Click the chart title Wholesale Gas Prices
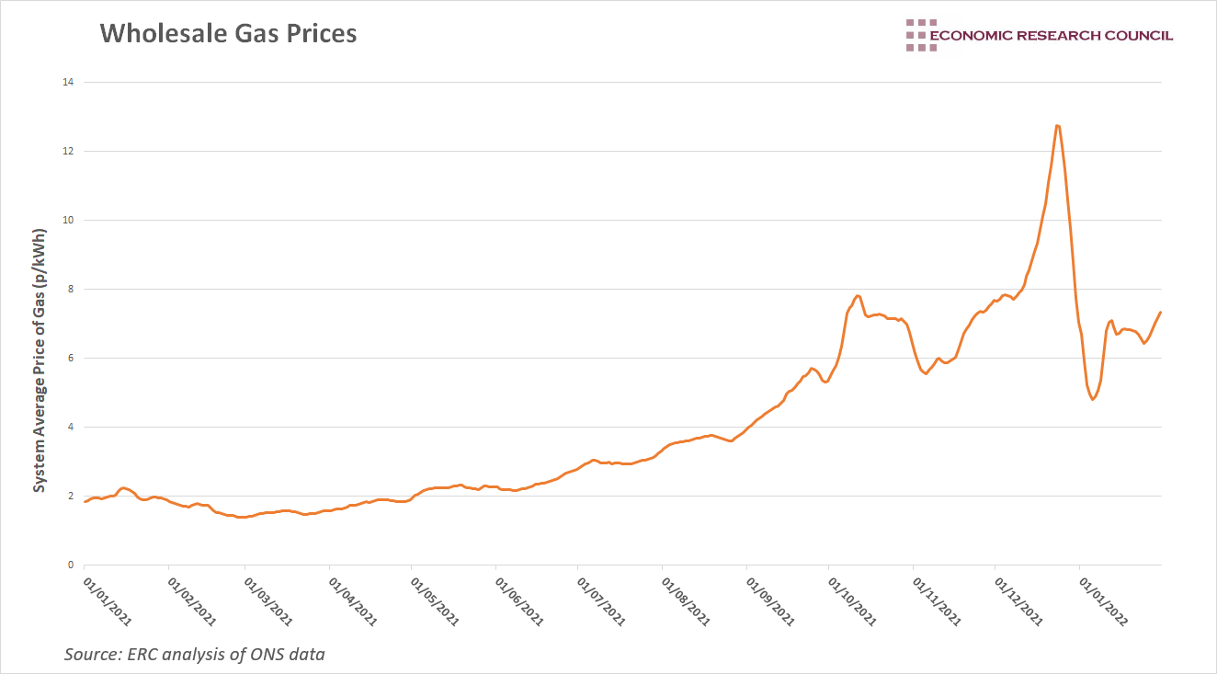[x=228, y=34]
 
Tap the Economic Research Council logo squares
[x=920, y=35]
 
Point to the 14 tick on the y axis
[x=67, y=82]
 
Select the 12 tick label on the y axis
[x=67, y=151]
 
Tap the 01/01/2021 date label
[x=108, y=600]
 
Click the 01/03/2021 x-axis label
[x=268, y=600]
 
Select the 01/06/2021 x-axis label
[x=519, y=600]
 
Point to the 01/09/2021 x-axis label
[x=770, y=600]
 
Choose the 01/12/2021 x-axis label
[x=1019, y=600]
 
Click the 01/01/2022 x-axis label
[x=1103, y=600]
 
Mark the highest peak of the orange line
[x=1058, y=125]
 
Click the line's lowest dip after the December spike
[x=1092, y=399]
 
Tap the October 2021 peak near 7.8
[x=858, y=295]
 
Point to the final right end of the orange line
[x=1161, y=312]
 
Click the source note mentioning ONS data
[x=194, y=655]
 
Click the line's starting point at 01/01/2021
[x=85, y=501]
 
